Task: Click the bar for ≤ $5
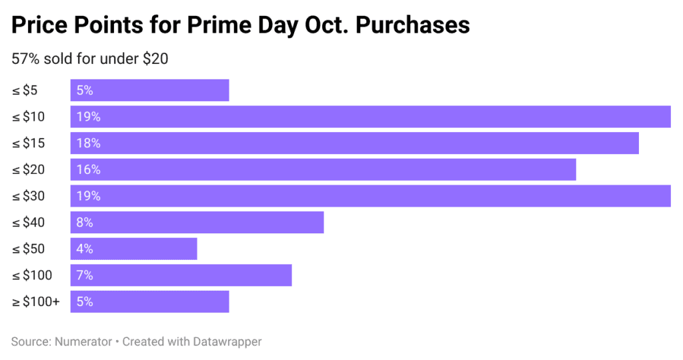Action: [x=149, y=91]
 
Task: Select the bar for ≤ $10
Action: [x=370, y=117]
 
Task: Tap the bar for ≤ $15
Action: [x=354, y=143]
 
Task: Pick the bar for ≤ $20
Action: [x=323, y=169]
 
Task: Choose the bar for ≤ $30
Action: [x=370, y=196]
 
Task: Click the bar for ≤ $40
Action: [x=197, y=223]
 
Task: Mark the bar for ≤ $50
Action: [x=133, y=249]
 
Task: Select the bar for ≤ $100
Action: [x=181, y=275]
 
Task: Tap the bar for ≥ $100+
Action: [x=149, y=301]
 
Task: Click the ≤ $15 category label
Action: [x=28, y=143]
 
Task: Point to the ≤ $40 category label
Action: [x=28, y=223]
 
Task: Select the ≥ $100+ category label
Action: [x=35, y=301]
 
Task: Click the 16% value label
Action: [x=88, y=169]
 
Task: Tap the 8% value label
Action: [x=85, y=223]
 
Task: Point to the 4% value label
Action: [x=85, y=249]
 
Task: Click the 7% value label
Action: [x=85, y=275]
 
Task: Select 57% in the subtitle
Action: [x=25, y=59]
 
